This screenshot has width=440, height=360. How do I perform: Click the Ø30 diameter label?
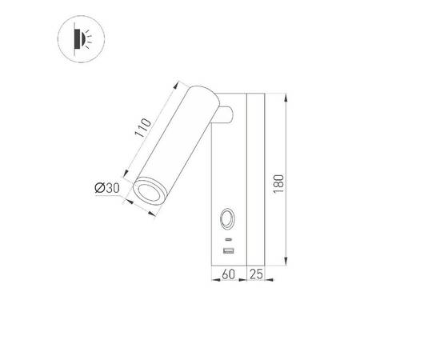(107, 187)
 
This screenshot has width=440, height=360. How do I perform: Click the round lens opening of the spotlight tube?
(148, 191)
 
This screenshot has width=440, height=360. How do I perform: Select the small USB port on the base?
(228, 253)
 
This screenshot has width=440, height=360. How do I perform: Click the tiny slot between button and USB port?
(228, 239)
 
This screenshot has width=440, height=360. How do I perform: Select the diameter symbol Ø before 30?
(98, 187)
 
